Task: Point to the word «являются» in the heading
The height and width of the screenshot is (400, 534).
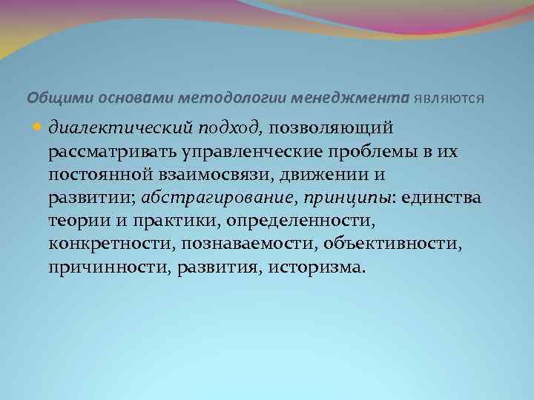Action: [449, 97]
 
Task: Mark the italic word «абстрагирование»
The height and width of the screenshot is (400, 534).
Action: [201, 199]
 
